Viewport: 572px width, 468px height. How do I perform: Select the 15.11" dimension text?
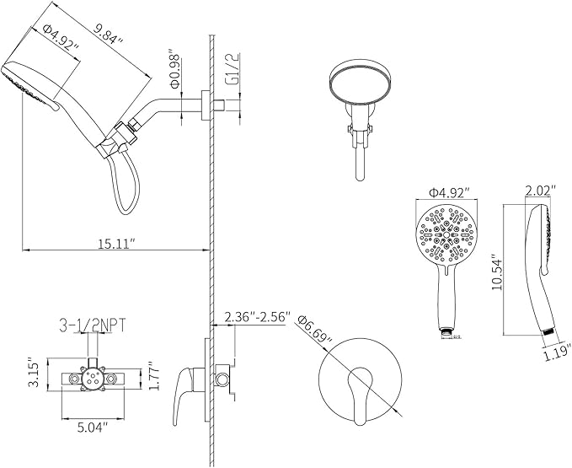[x=115, y=244]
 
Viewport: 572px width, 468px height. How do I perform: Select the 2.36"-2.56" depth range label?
[x=258, y=318]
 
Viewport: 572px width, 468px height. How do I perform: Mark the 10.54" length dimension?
[x=496, y=273]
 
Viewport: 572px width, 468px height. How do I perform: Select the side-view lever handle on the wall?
[x=184, y=396]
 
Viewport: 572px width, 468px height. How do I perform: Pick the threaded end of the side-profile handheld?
[x=548, y=334]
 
